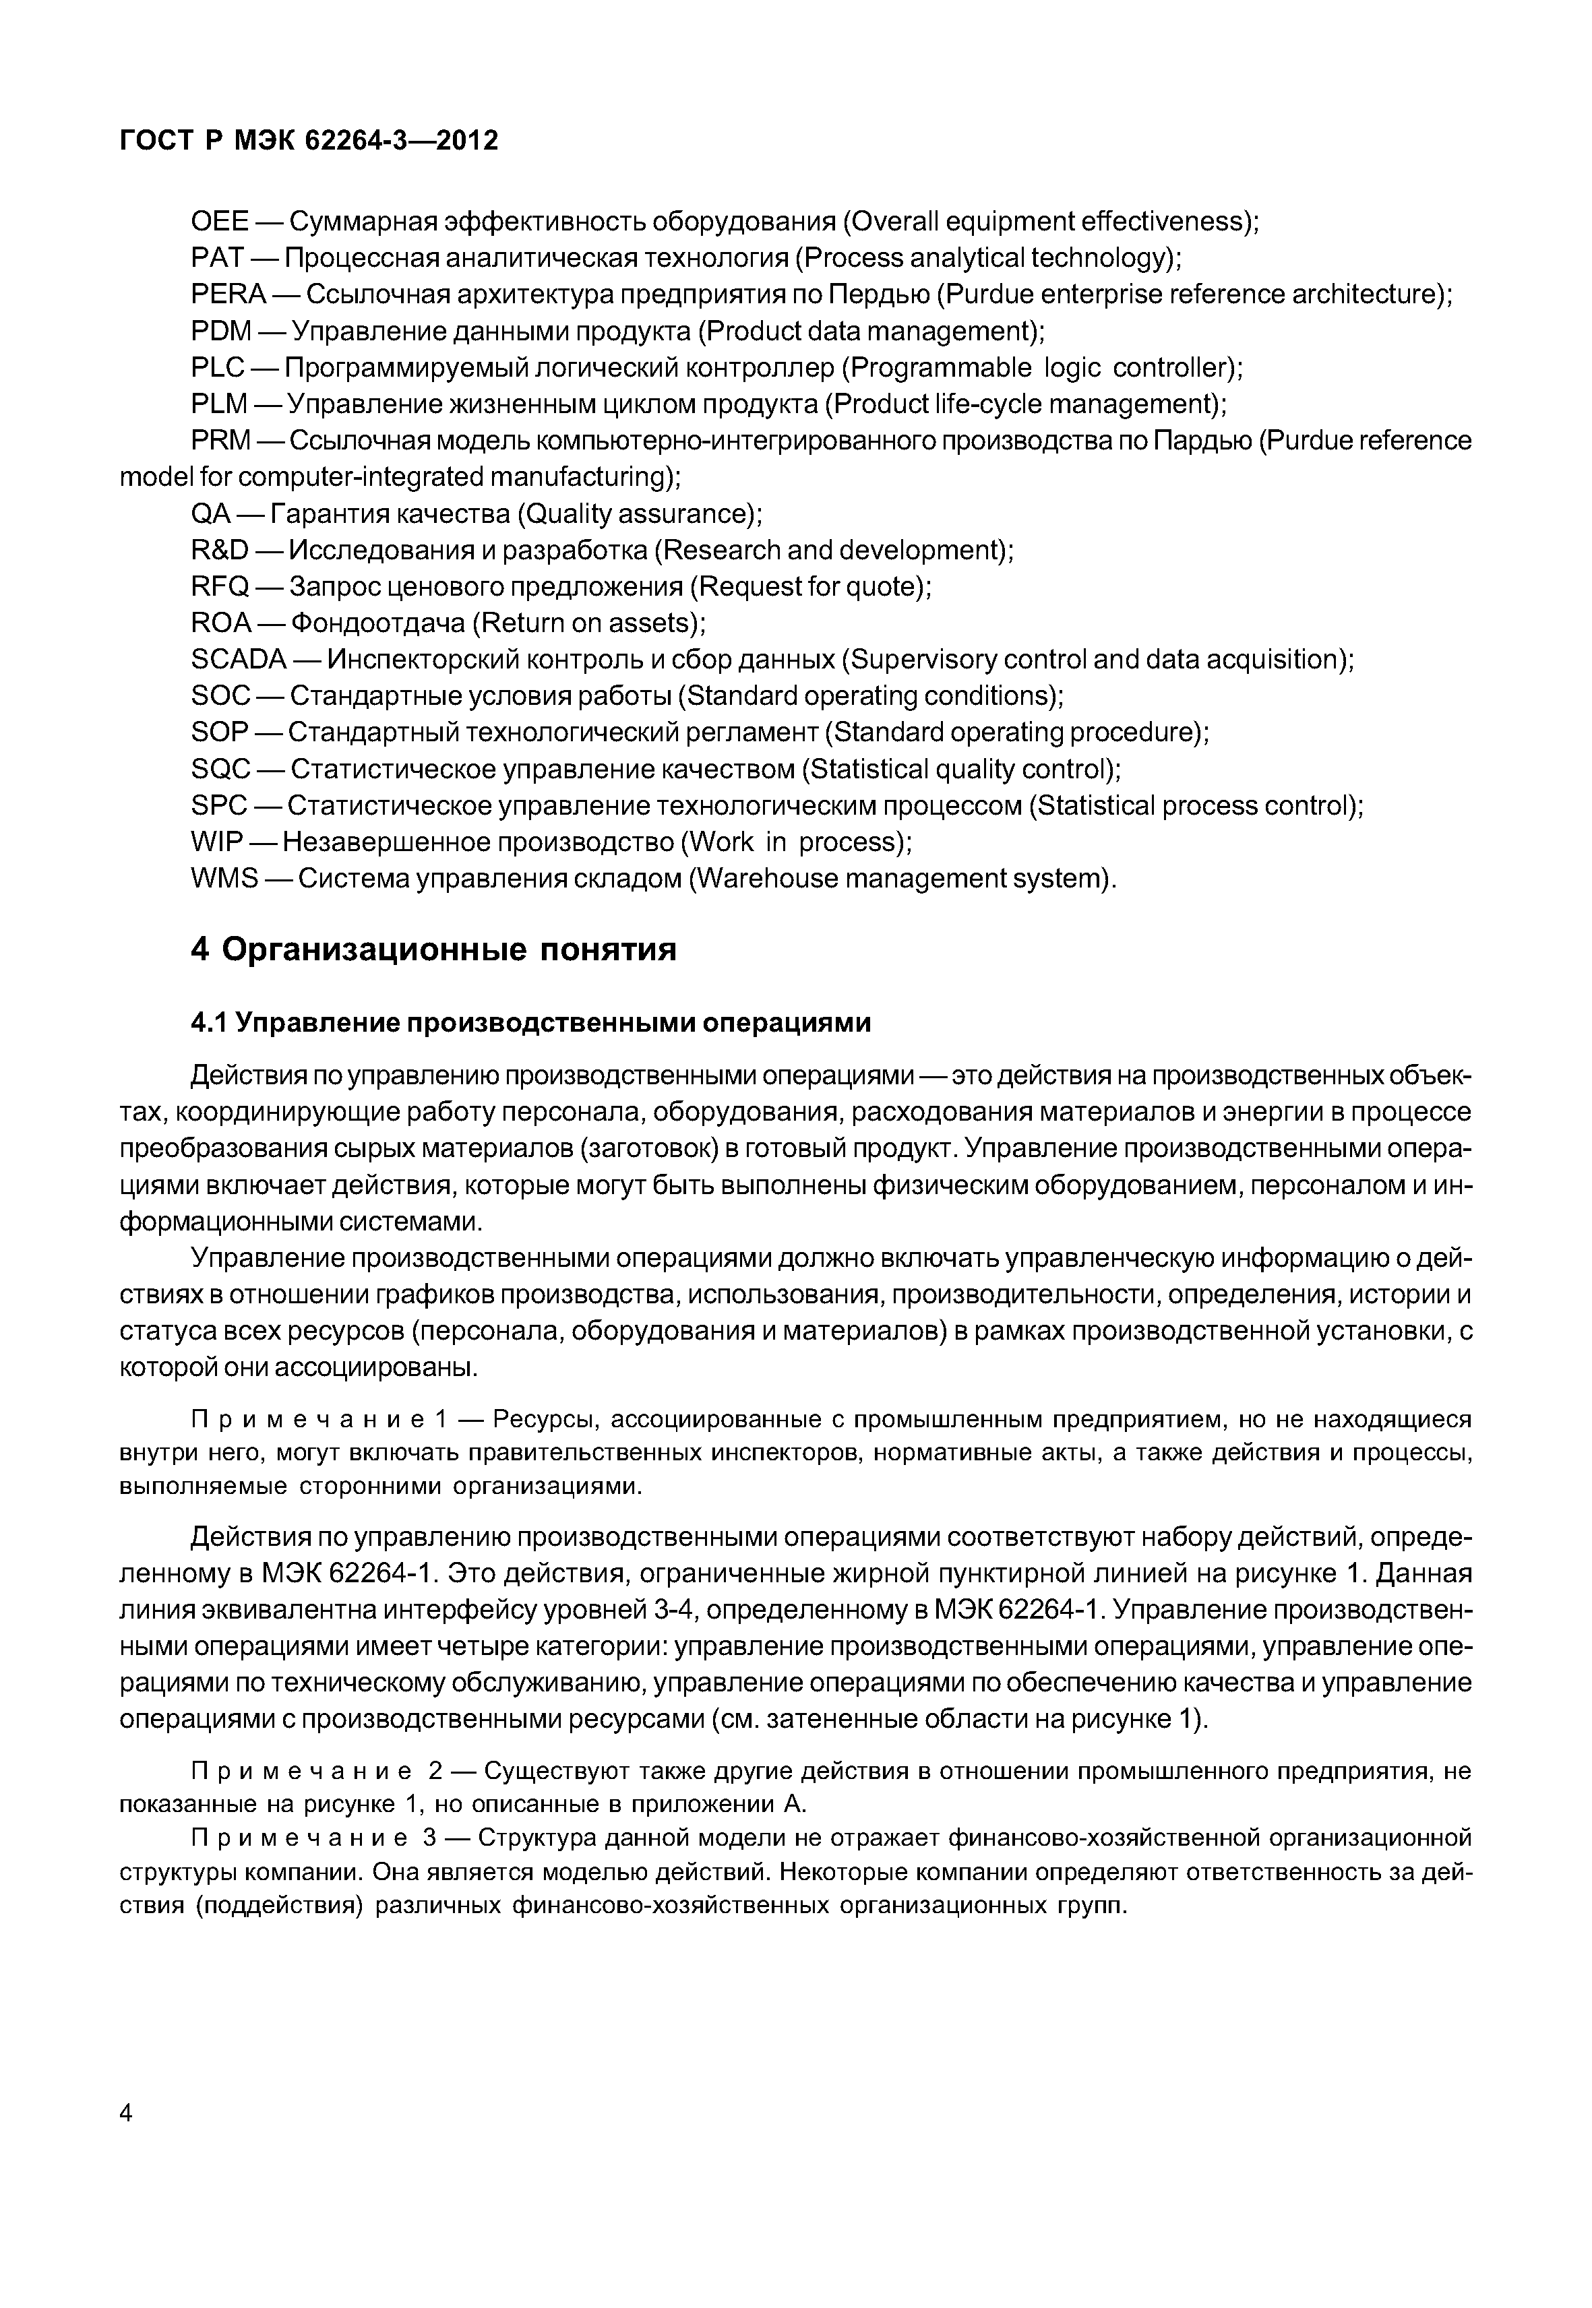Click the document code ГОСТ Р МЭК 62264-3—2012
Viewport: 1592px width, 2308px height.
coord(309,142)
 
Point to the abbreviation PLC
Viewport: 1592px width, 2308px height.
coord(218,368)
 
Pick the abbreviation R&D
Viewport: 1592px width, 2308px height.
coord(220,551)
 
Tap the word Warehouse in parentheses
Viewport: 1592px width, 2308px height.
coord(766,879)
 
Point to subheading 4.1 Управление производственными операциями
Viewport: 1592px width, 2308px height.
coord(530,1024)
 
